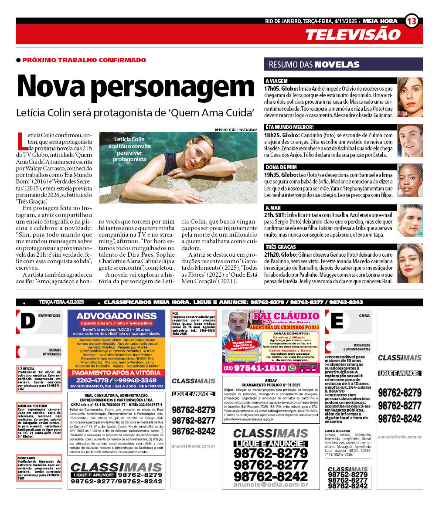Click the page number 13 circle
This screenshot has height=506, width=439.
click(x=412, y=21)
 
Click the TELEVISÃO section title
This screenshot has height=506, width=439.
click(x=352, y=34)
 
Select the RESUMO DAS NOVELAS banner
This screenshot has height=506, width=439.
click(x=343, y=65)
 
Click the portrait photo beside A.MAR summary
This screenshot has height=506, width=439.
click(x=410, y=221)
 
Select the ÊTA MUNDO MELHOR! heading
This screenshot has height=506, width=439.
click(x=289, y=127)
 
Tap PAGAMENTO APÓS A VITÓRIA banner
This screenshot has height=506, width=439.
click(x=116, y=373)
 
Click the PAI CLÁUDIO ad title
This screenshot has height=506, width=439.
click(x=286, y=316)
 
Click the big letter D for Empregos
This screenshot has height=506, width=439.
click(x=27, y=321)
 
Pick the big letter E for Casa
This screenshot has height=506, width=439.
click(x=337, y=321)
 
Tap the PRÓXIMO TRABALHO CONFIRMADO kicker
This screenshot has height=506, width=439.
click(x=84, y=60)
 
